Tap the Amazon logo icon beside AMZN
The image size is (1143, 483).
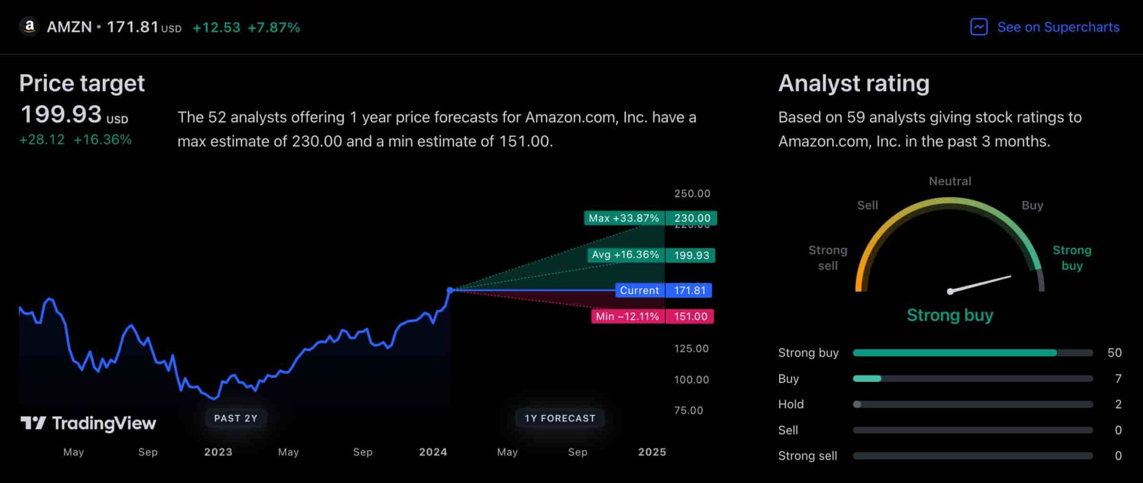29,26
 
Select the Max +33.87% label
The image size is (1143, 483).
623,218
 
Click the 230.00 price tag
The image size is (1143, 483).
691,218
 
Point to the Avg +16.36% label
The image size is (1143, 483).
625,255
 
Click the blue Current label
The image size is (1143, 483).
640,290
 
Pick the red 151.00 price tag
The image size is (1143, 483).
690,316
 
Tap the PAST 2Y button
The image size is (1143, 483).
236,418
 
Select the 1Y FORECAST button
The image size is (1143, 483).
560,418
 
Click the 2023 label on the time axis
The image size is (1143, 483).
218,452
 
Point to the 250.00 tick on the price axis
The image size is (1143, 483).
692,194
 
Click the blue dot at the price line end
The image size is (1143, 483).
450,290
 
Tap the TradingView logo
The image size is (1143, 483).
88,423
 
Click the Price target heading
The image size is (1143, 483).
82,84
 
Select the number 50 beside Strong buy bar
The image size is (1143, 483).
1114,352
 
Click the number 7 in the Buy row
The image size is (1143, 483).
1118,379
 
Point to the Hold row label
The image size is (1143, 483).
791,404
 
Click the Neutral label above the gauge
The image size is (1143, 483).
949,181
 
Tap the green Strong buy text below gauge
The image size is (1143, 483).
949,315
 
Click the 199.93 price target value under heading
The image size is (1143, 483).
61,114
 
